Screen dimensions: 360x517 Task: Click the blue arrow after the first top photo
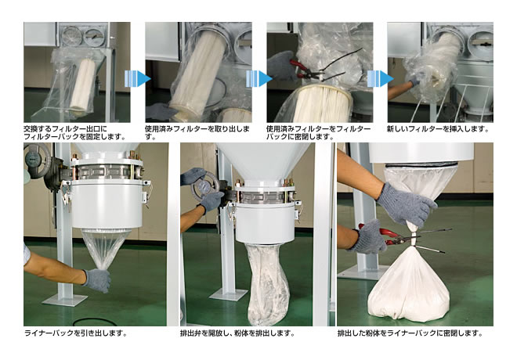coord(138,78)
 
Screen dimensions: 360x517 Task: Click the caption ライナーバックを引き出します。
coord(75,333)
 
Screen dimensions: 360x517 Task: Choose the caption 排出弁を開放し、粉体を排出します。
coord(238,333)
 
